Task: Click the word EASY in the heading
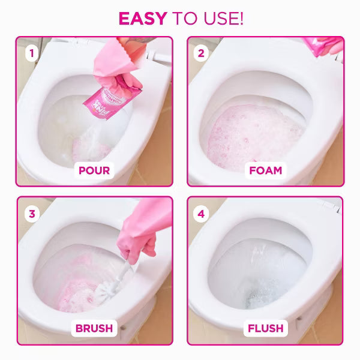142,18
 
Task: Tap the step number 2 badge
201,53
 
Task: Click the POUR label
94,170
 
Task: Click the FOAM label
265,170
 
